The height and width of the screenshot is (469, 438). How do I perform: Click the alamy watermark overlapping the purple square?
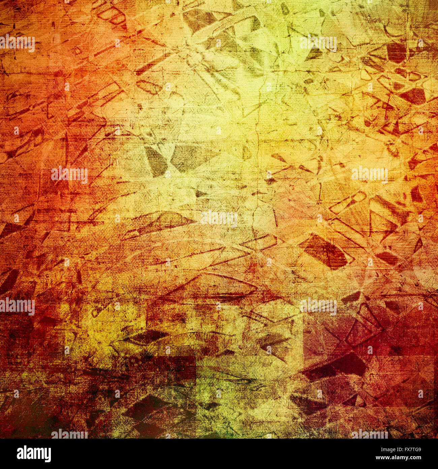point(318,307)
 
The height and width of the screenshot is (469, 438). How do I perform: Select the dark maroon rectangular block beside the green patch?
point(175,371)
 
